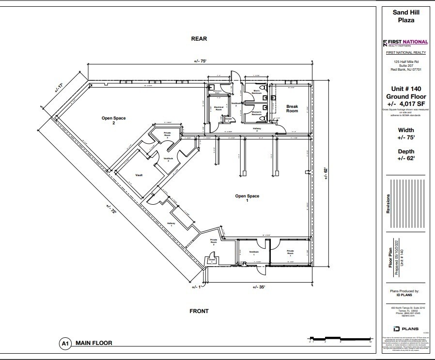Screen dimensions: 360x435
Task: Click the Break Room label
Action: click(292, 108)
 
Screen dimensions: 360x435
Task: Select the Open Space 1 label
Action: click(247, 198)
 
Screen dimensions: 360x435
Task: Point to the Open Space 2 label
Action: click(108, 120)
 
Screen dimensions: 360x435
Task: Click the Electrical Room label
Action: click(218, 109)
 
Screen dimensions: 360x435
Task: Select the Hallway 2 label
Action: click(257, 129)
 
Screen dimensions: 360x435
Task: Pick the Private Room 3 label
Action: click(168, 135)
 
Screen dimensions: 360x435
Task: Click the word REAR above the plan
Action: click(199, 39)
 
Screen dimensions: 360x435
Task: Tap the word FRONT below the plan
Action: click(199, 311)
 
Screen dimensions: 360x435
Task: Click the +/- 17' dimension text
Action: click(60, 88)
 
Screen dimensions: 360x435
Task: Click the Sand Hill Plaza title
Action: click(406, 16)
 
